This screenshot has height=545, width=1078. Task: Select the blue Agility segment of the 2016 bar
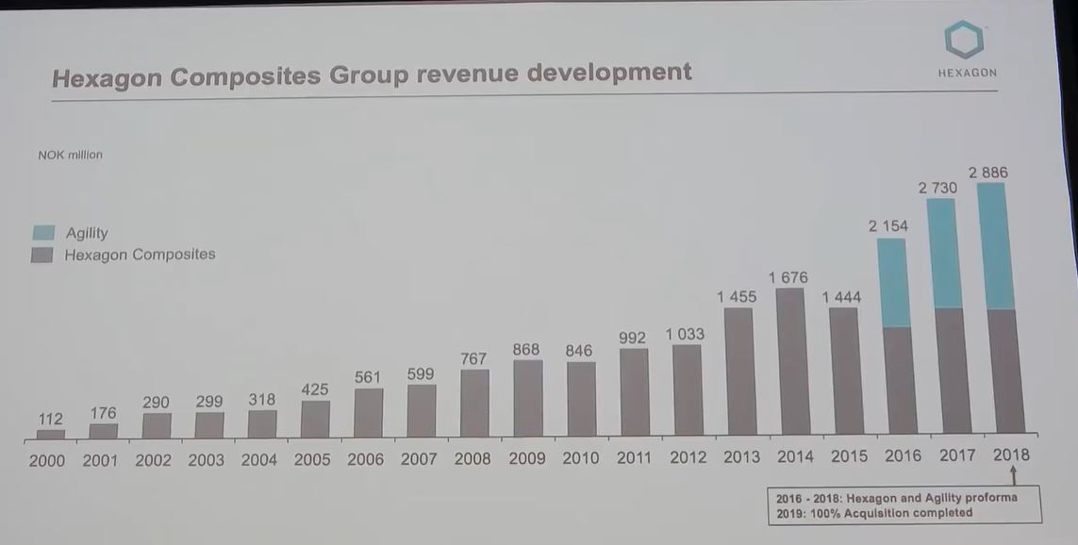click(x=892, y=283)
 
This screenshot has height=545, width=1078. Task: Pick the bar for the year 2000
click(x=51, y=435)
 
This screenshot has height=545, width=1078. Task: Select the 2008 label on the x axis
click(x=473, y=459)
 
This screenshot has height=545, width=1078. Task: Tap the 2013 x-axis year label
click(x=741, y=457)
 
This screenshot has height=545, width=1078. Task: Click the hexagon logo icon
click(x=965, y=40)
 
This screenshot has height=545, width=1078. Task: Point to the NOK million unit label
click(x=71, y=155)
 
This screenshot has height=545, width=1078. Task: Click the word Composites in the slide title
click(x=247, y=75)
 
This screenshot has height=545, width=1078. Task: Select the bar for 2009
click(x=528, y=398)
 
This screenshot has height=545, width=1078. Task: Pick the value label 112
click(x=51, y=419)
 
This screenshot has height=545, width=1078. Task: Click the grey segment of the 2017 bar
click(x=951, y=371)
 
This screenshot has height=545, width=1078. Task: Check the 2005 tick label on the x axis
click(x=312, y=460)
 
